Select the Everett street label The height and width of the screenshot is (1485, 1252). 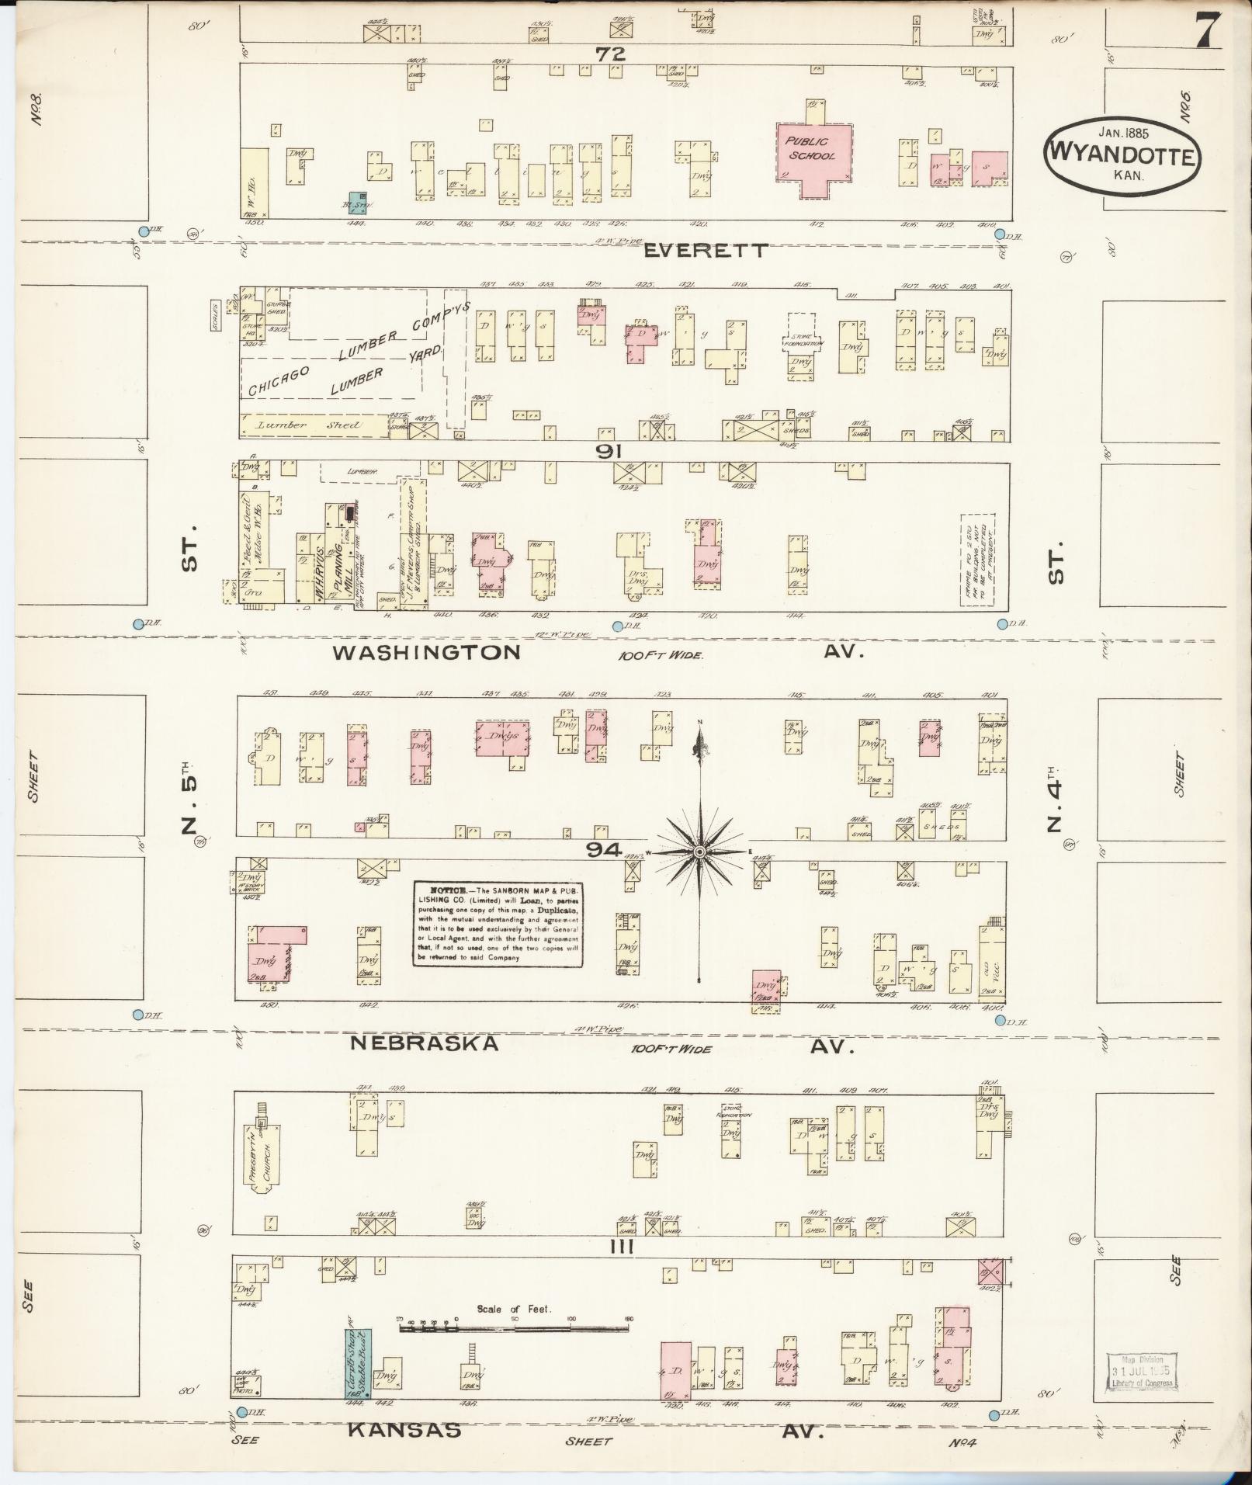tap(706, 250)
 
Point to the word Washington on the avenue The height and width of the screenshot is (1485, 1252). tap(426, 652)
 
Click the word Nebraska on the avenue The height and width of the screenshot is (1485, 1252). tap(424, 1043)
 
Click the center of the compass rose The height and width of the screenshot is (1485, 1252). tap(700, 852)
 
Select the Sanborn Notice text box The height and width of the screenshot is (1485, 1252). tap(498, 924)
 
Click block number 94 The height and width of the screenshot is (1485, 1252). tap(603, 850)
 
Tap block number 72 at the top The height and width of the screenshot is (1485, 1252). tap(611, 54)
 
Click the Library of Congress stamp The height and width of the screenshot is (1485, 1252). tap(1139, 1371)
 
